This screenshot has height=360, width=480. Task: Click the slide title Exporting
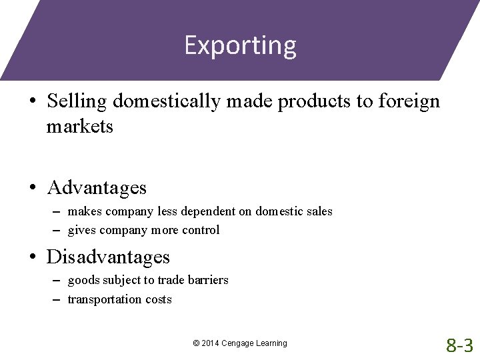(x=240, y=45)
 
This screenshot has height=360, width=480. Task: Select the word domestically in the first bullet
(x=168, y=101)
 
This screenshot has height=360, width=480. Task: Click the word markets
(x=80, y=125)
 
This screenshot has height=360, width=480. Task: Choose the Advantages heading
(x=97, y=187)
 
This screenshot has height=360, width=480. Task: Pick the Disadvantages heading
(x=108, y=257)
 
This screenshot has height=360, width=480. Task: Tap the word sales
(x=319, y=211)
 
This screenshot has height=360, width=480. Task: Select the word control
(x=200, y=230)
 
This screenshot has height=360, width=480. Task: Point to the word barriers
(x=207, y=280)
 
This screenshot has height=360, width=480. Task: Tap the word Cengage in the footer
(x=239, y=343)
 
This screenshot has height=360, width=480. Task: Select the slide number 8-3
(x=459, y=345)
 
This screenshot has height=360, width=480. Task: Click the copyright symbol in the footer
(x=196, y=343)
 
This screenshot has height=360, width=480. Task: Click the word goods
(x=83, y=280)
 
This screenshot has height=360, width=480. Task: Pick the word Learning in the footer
(x=272, y=343)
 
